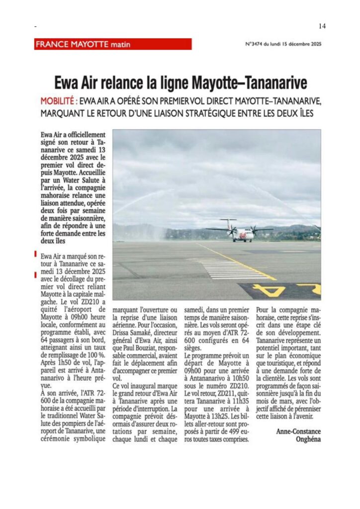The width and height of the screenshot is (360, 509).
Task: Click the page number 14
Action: point(322,26)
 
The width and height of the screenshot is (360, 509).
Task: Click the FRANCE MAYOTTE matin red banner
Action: point(112,44)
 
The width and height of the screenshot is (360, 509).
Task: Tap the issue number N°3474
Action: point(257,44)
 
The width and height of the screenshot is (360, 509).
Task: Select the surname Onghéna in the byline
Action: point(308,439)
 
